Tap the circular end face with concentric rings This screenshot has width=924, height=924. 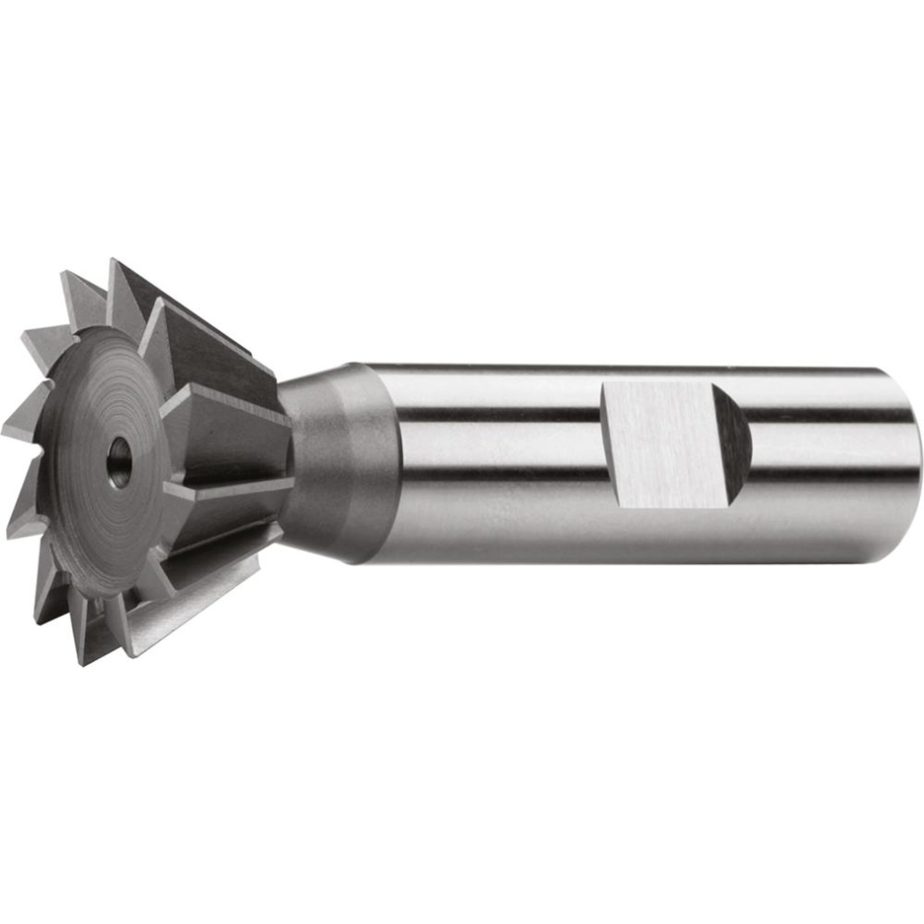(x=96, y=423)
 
